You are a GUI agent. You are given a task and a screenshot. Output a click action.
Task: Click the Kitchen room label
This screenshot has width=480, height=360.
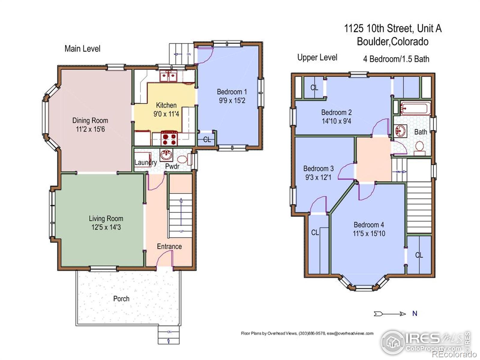166,105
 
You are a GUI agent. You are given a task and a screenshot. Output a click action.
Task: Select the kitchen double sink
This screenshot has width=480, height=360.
168,76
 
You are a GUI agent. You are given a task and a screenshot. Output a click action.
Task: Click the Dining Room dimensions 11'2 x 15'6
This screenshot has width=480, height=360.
90,129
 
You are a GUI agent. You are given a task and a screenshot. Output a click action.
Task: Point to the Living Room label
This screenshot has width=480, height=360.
106,218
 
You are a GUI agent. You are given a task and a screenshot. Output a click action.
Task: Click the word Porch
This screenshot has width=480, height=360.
121,299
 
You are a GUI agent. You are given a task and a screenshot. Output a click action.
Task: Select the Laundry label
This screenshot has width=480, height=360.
145,163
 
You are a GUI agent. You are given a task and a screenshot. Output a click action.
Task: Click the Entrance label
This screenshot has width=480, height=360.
169,246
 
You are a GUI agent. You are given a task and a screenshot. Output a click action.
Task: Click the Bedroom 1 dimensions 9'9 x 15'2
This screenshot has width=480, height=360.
232,100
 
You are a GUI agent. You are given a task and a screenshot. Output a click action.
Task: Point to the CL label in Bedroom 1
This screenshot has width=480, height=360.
207,140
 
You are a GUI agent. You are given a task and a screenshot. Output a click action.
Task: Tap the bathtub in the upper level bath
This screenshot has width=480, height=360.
415,108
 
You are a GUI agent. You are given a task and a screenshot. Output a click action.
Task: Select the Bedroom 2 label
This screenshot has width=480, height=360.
336,112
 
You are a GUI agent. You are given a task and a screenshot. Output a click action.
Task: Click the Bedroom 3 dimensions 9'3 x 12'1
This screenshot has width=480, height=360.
318,177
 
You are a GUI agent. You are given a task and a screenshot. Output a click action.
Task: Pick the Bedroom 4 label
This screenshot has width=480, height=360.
369,225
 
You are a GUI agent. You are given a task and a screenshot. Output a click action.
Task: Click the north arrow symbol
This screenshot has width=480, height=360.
390,314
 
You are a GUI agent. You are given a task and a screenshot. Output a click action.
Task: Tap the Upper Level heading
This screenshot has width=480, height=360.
317,57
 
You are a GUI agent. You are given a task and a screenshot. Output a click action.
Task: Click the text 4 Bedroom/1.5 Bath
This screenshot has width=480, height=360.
396,59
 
